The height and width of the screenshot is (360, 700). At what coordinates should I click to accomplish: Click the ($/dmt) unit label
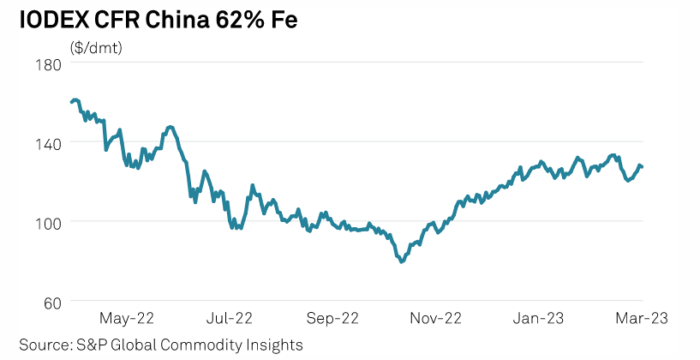pyautogui.click(x=96, y=47)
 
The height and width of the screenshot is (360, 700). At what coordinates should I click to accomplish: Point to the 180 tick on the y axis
pyautogui.click(x=47, y=63)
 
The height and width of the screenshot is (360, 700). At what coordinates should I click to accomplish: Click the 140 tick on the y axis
pyautogui.click(x=47, y=142)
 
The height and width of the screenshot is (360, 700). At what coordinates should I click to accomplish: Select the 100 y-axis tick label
pyautogui.click(x=47, y=222)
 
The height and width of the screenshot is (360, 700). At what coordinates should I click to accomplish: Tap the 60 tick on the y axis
pyautogui.click(x=51, y=302)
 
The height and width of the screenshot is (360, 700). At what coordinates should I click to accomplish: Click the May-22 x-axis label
pyautogui.click(x=126, y=318)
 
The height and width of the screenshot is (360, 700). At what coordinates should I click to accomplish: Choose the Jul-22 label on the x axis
pyautogui.click(x=230, y=318)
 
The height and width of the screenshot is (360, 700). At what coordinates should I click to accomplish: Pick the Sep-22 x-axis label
pyautogui.click(x=332, y=318)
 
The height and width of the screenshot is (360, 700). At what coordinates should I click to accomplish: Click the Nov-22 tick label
pyautogui.click(x=435, y=318)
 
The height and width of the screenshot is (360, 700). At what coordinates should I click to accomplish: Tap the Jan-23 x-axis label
pyautogui.click(x=538, y=318)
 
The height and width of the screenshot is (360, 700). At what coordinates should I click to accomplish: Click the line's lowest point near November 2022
pyautogui.click(x=401, y=261)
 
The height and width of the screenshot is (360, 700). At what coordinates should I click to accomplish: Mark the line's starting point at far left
pyautogui.click(x=71, y=102)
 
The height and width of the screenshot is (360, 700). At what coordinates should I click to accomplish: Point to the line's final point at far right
pyautogui.click(x=643, y=166)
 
